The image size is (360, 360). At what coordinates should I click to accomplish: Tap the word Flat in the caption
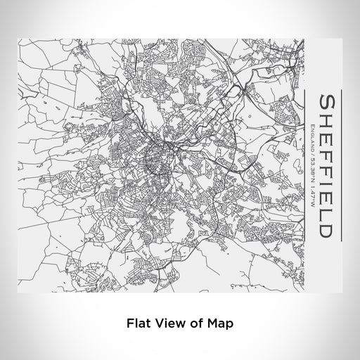[x=136, y=324]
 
